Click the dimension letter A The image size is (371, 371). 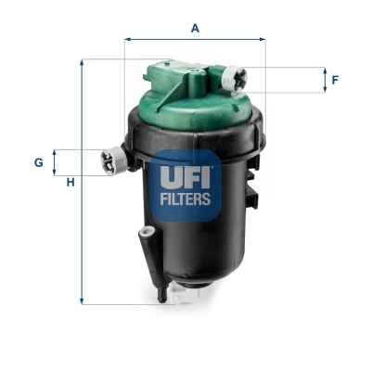click(195, 28)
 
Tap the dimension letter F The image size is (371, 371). click(335, 80)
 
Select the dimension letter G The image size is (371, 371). click(39, 162)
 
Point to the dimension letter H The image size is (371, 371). click(70, 181)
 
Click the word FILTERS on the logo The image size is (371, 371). click(185, 198)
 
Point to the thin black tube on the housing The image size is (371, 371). click(145, 255)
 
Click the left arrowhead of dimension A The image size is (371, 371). click(127, 40)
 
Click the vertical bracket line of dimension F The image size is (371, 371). click(325, 80)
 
